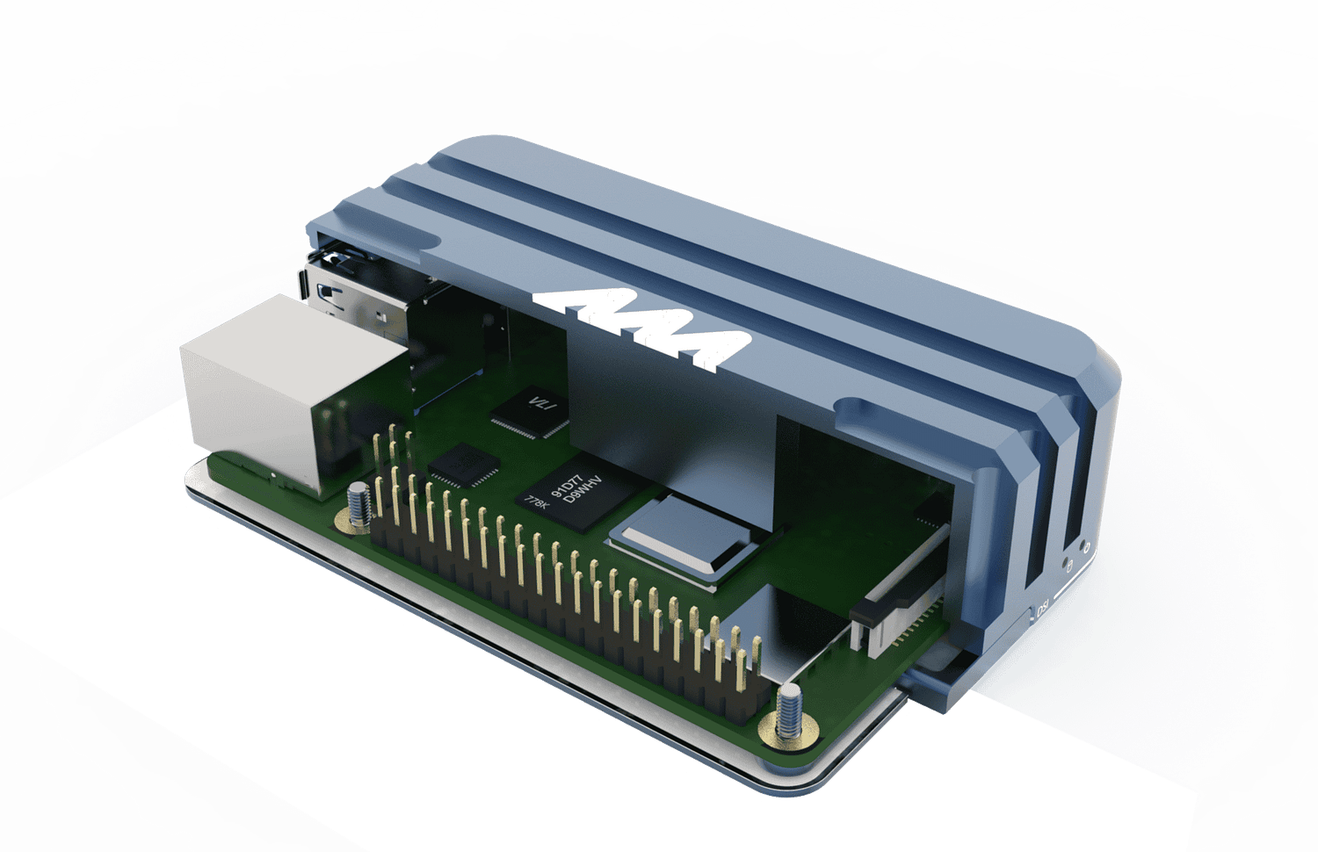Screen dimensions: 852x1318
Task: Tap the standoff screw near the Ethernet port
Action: [358, 507]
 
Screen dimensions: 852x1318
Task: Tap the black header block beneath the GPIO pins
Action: [562, 615]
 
